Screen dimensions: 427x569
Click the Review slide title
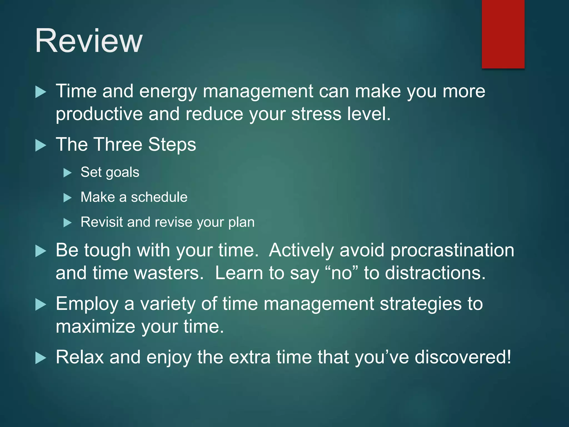click(x=89, y=41)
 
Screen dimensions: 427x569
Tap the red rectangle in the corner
click(x=503, y=34)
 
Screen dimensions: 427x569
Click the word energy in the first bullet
click(x=168, y=92)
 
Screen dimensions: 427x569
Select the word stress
click(x=316, y=114)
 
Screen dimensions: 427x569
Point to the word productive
click(x=99, y=115)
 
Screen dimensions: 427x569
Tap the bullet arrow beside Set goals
click(x=67, y=173)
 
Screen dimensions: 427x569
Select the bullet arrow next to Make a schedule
click(x=67, y=198)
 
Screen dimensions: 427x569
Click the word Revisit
click(x=102, y=222)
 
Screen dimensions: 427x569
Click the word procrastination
click(x=452, y=250)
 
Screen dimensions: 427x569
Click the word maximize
click(x=95, y=326)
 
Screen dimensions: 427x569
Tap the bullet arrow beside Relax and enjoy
click(x=41, y=358)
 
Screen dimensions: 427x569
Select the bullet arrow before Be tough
click(x=41, y=251)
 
